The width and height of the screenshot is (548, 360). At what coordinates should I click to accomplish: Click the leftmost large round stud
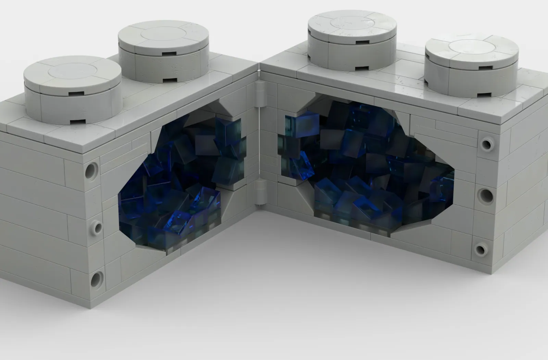pos(73,91)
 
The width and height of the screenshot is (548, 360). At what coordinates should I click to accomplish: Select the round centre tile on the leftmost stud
pos(72,72)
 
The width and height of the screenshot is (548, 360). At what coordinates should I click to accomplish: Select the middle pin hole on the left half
pos(97,227)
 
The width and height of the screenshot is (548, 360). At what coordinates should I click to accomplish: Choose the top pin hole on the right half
pos(486,144)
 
